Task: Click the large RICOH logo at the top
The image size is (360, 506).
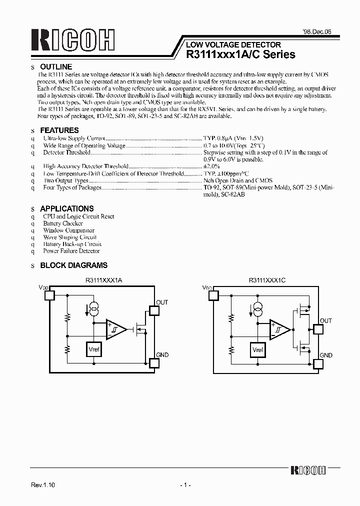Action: tap(73, 40)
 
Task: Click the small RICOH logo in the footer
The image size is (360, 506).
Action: tap(308, 470)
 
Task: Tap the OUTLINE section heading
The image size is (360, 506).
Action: tap(56, 66)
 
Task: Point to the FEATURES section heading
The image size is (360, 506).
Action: tap(59, 130)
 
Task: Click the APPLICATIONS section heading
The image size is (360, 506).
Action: tap(66, 208)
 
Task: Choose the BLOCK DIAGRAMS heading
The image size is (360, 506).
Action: tap(73, 265)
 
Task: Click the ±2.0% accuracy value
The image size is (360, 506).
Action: tap(211, 166)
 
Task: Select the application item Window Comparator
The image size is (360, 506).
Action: tap(68, 230)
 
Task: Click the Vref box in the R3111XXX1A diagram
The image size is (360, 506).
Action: tap(93, 349)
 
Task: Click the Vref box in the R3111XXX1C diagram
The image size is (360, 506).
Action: tap(258, 349)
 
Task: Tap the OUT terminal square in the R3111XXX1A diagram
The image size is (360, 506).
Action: tap(154, 310)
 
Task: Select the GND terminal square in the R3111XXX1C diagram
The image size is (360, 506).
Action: tap(316, 363)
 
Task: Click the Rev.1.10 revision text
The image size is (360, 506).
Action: tap(43, 485)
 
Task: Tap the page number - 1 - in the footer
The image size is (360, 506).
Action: tap(185, 485)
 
